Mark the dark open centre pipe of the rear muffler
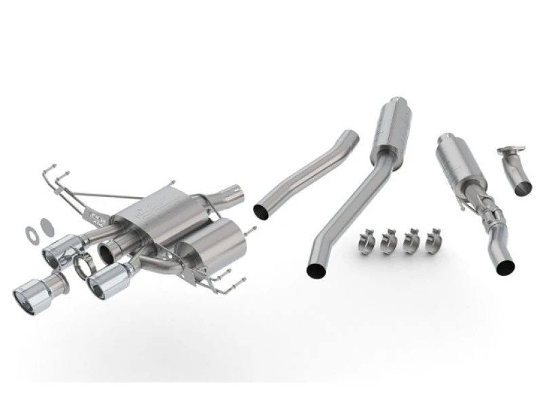tap(107, 252)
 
